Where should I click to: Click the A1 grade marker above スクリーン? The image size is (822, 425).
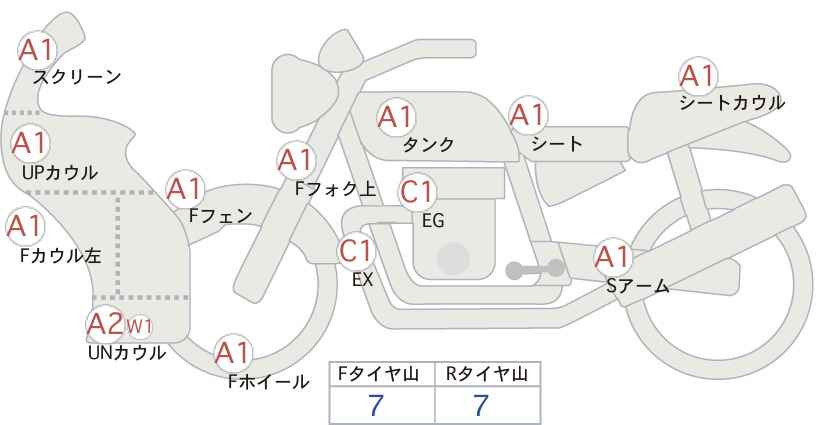(37, 50)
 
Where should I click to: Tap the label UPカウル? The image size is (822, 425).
(60, 173)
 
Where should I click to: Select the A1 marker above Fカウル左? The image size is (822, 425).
(25, 227)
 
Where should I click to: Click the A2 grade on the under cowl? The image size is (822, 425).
(105, 324)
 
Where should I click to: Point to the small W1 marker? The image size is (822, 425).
(139, 327)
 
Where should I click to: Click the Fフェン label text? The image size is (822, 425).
(220, 216)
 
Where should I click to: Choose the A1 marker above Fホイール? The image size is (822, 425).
(232, 353)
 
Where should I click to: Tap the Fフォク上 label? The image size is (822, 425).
(336, 189)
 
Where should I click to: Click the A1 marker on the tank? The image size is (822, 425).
(396, 117)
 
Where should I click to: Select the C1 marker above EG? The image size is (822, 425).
(417, 192)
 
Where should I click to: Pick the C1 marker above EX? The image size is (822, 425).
(356, 250)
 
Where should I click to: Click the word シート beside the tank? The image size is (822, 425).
(557, 144)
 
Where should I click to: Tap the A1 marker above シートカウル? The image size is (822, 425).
(698, 76)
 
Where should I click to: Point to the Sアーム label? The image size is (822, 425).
(637, 286)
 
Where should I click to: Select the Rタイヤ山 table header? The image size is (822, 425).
(487, 374)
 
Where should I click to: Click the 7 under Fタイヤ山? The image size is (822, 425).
(376, 405)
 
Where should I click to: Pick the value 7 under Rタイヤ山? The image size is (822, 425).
(481, 405)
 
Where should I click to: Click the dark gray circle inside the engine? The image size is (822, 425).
(453, 258)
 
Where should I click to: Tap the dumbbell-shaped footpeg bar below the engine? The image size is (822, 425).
(535, 269)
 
